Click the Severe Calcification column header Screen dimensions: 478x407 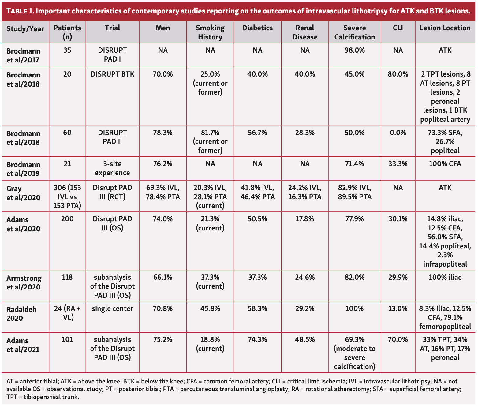[354, 32]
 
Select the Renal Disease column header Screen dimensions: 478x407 [305, 32]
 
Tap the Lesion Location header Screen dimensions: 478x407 [445, 28]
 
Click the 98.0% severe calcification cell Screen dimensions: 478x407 [354, 50]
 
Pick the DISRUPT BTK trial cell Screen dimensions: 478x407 [112, 74]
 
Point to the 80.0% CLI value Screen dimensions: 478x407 [398, 74]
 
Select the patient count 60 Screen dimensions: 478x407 [67, 133]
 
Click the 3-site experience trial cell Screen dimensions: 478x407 [112, 168]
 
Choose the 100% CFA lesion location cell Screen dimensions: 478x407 [445, 164]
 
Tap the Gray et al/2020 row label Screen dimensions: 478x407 [23, 193]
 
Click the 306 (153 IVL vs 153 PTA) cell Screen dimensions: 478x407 [67, 196]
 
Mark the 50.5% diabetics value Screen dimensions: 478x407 [257, 219]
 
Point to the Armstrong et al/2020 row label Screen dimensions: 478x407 [24, 282]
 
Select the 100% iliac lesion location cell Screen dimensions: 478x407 [445, 277]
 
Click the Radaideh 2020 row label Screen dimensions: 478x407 [21, 314]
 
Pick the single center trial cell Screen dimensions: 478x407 [112, 308]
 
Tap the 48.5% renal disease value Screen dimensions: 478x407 [305, 339]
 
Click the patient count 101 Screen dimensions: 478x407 [67, 339]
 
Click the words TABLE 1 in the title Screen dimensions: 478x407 [20, 11]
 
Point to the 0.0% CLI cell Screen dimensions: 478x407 [398, 133]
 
